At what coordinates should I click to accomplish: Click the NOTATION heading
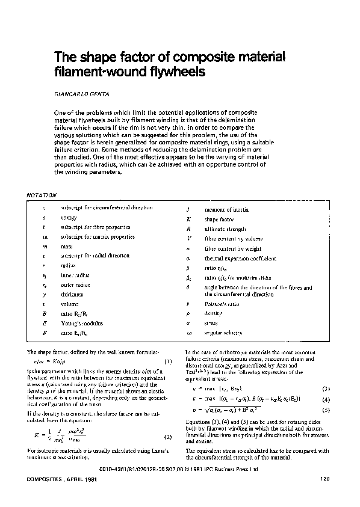[x=43, y=195]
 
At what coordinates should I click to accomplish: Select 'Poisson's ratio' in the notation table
[x=222, y=305]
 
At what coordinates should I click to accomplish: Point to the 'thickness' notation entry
[x=73, y=295]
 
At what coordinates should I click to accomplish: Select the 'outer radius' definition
[x=76, y=285]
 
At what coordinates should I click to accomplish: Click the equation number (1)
[x=168, y=361]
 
